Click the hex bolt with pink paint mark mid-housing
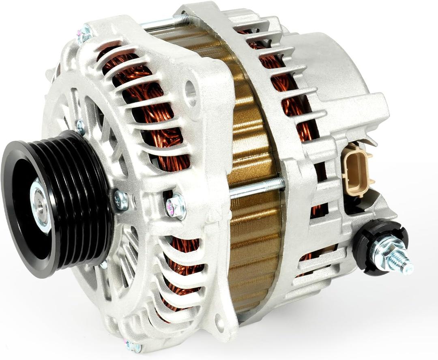[176, 207]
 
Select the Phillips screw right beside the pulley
[120, 200]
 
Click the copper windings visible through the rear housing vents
[292, 97]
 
